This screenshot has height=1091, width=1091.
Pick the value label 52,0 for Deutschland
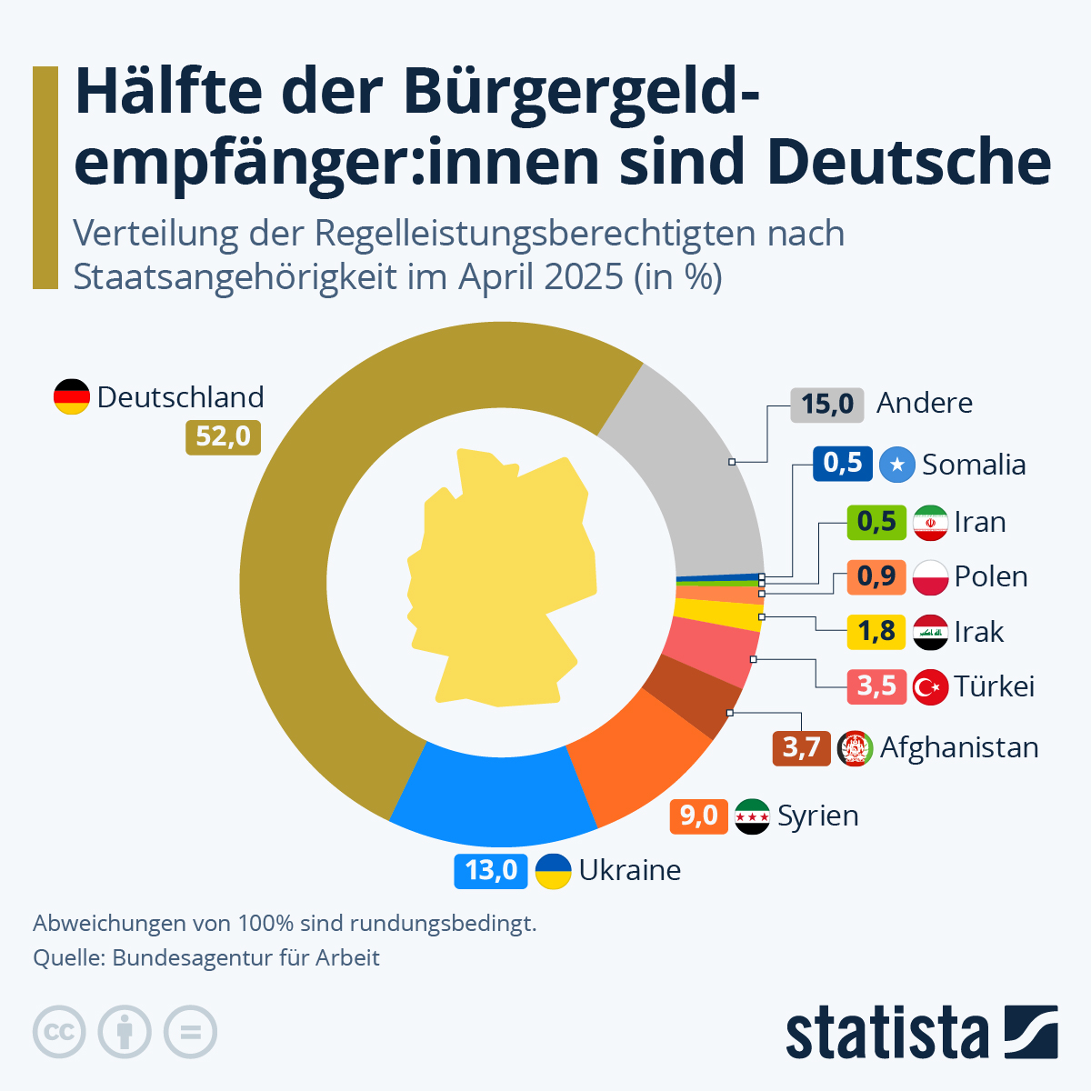point(223,436)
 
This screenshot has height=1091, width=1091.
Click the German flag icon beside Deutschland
point(72,397)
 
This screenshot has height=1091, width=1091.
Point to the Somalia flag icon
point(896,465)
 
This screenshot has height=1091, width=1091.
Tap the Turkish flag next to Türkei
point(930,686)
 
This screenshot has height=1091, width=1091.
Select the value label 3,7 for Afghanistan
point(801,747)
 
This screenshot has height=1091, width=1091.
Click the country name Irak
point(978,632)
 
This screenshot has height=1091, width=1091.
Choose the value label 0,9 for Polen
point(876,576)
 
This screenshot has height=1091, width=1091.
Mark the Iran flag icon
point(930,523)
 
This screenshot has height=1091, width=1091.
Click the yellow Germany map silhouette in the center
point(500,582)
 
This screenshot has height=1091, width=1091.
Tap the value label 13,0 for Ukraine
point(491,870)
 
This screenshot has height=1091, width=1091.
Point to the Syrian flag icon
point(752,816)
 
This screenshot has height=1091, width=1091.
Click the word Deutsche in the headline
point(909,162)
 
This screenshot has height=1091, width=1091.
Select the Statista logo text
point(887,1034)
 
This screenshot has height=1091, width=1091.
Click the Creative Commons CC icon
point(59,1032)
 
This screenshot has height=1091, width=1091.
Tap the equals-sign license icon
point(190,1032)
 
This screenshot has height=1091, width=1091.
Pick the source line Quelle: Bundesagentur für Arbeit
point(206,957)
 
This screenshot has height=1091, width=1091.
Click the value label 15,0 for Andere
point(826,403)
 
